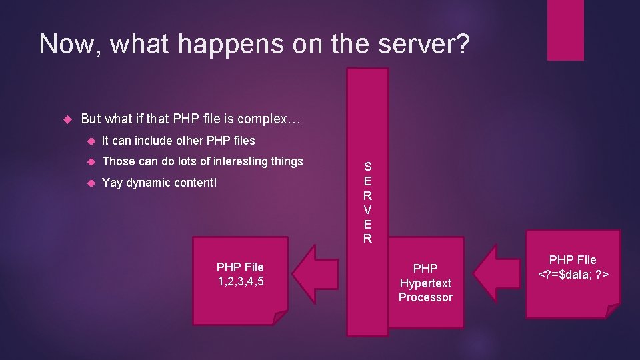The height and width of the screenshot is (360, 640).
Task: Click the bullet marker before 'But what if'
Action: click(66, 120)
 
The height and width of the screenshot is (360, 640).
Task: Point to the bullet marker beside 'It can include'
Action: click(91, 141)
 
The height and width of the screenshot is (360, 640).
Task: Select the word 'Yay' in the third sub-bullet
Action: click(112, 183)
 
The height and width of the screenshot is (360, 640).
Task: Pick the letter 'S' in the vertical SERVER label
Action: click(367, 167)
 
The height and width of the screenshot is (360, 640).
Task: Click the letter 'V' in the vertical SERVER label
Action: click(367, 209)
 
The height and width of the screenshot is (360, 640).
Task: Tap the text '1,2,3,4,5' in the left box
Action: click(240, 281)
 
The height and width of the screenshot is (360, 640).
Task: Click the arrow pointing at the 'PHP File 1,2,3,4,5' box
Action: click(316, 274)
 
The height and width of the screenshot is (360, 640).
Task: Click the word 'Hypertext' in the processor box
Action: click(425, 283)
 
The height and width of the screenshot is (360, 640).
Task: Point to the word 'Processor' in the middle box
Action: click(425, 297)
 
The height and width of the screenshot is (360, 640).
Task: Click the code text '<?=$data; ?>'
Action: click(573, 274)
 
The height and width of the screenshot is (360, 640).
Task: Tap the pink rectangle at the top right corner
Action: click(565, 30)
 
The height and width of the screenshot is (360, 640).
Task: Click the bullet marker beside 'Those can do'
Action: click(91, 161)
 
